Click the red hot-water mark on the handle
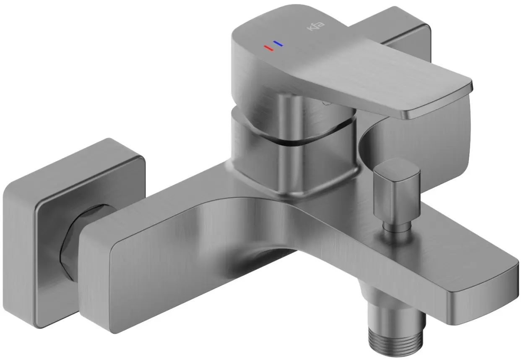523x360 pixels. click(268, 48)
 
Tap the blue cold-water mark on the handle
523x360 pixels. click(278, 43)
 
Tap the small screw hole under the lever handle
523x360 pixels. click(324, 102)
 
